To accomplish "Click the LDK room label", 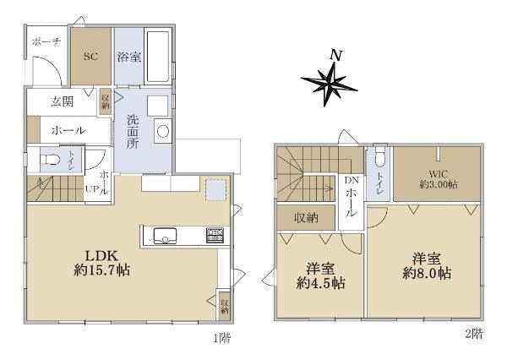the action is coord(101,256).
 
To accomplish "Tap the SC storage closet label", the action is coord(90,57).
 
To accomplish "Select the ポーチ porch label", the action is coord(46,41).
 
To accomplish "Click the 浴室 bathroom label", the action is coord(129,57).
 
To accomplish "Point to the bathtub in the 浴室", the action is coord(158,57).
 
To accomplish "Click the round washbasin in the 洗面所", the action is coord(162,131).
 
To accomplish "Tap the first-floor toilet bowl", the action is coord(51,160).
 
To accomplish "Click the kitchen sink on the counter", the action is coord(165,236).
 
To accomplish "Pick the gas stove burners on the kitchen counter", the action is coord(215,236).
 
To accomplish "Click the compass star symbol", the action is coord(330,84).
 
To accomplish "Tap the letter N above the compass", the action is coord(336,55).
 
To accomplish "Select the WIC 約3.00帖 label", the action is coord(439,179).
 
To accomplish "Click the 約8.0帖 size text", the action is coord(427,274).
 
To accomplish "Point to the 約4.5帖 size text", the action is coord(321,283).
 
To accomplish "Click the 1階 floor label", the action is coord(221,338).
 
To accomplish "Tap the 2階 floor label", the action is coord(474,334).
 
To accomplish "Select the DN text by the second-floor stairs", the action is coord(352,181).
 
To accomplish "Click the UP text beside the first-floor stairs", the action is coord(92,189).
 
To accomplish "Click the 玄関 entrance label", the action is coord(62,102).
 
